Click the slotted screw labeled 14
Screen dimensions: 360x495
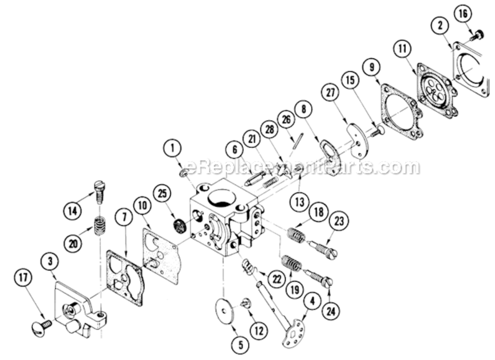pyautogui.click(x=99, y=191)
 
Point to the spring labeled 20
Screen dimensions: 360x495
pyautogui.click(x=100, y=226)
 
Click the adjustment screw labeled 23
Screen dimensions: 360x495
pyautogui.click(x=323, y=249)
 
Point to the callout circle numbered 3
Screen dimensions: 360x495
pyautogui.click(x=51, y=262)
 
